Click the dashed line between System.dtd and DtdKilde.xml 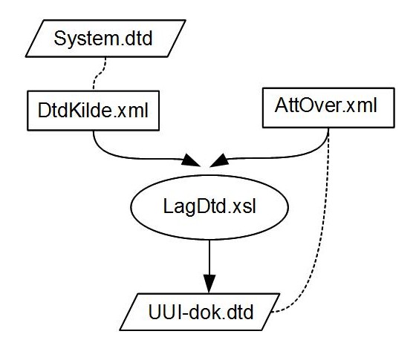(99, 74)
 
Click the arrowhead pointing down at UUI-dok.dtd (209, 284)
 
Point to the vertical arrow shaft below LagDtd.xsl (209, 258)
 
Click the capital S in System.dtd (60, 39)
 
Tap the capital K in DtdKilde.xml (75, 110)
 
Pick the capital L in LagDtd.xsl (169, 206)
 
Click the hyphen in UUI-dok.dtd (185, 313)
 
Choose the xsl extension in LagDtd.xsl (244, 206)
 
